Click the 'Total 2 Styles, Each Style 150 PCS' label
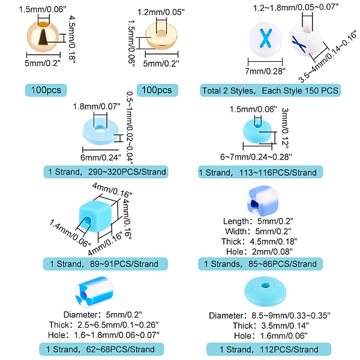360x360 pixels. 270,91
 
